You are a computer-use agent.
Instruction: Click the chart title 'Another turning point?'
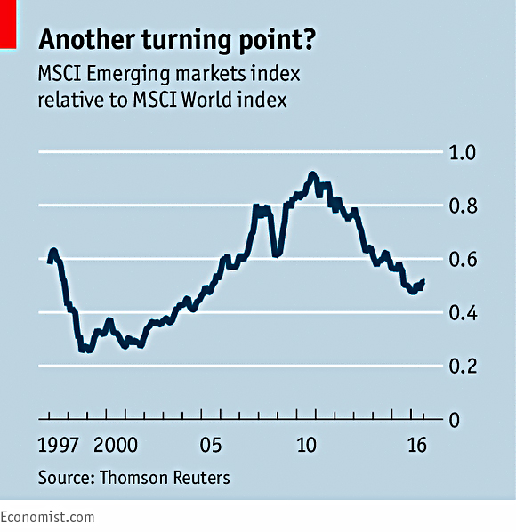coord(177,40)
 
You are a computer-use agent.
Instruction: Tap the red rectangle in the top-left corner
coord(8,24)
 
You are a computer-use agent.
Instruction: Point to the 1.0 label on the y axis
coord(463,152)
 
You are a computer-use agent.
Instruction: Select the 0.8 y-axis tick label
coord(463,206)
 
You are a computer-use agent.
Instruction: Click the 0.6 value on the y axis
coord(463,260)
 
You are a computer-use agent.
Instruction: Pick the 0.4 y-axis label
coord(463,313)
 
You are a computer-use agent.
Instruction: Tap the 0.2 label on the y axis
coord(463,367)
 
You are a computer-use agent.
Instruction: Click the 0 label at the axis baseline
coord(455,420)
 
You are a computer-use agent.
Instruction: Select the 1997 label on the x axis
coord(58,445)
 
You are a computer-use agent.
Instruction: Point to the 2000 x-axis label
coord(116,445)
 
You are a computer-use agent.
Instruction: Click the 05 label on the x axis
coord(211,445)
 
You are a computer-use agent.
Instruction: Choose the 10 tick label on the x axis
coord(306,445)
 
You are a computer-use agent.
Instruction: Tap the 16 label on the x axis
coord(417,445)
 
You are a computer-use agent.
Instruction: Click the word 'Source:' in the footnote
coord(66,478)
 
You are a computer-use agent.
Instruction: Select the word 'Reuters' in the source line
coord(202,478)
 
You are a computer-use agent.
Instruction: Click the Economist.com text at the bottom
coord(47,518)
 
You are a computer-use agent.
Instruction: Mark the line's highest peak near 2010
coord(312,174)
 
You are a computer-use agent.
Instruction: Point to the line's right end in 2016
coord(423,281)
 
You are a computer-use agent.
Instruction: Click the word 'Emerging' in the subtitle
coord(128,74)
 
